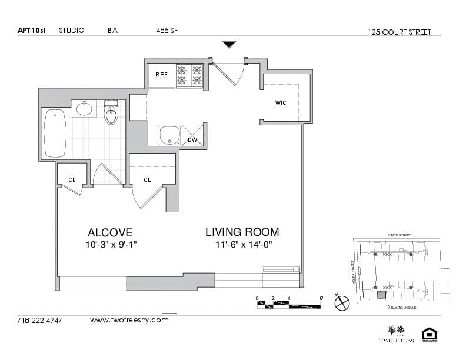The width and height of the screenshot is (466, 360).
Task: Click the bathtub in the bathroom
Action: click(55, 134)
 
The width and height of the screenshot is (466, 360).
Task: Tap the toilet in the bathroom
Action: click(111, 113)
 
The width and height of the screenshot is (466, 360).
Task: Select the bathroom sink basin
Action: click(84, 109)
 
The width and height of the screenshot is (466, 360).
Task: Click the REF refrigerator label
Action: click(161, 75)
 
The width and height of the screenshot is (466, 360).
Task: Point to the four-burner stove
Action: click(189, 75)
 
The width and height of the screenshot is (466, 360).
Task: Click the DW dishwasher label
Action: click(192, 139)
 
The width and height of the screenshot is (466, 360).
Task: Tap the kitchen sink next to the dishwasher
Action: click(169, 135)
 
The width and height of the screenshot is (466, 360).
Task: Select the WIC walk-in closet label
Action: click(281, 103)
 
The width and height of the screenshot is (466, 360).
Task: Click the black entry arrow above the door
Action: click(229, 45)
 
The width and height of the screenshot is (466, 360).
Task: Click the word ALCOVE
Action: click(110, 232)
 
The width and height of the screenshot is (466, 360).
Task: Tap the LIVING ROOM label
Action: click(242, 232)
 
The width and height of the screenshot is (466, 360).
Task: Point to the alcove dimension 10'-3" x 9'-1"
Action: click(110, 245)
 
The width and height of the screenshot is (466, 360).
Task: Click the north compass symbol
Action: click(342, 303)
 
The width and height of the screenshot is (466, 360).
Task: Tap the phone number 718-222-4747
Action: click(40, 321)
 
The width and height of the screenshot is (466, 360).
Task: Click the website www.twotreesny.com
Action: click(129, 320)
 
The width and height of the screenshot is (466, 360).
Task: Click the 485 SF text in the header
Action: click(167, 31)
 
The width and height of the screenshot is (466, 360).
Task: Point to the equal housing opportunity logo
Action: click(429, 335)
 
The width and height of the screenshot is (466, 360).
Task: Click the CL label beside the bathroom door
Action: click(71, 180)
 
